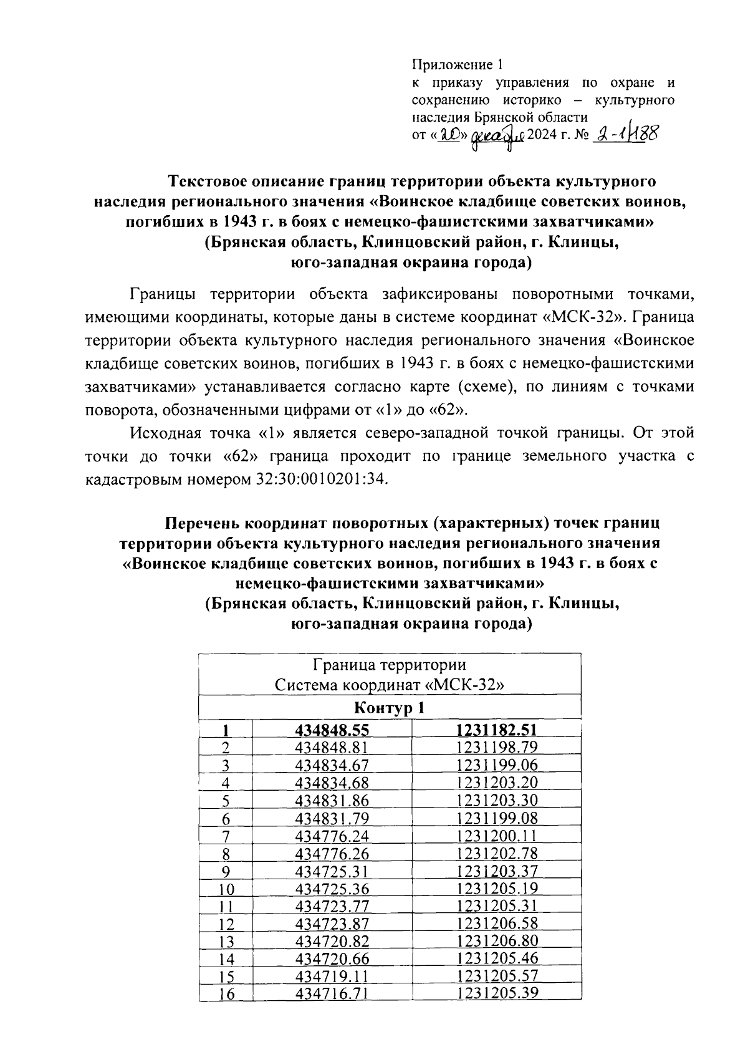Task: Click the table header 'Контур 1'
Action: pos(389,708)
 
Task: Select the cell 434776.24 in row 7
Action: pos(332,836)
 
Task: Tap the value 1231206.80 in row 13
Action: pos(497,941)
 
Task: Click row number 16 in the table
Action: pos(226,994)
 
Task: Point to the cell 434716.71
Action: pos(332,993)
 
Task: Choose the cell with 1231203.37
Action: pos(497,871)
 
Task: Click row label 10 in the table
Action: pos(226,889)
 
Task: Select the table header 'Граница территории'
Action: pos(389,665)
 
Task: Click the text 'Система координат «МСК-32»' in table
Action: pos(389,685)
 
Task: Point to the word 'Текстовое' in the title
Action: pos(206,181)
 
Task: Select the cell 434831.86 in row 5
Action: pos(332,801)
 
